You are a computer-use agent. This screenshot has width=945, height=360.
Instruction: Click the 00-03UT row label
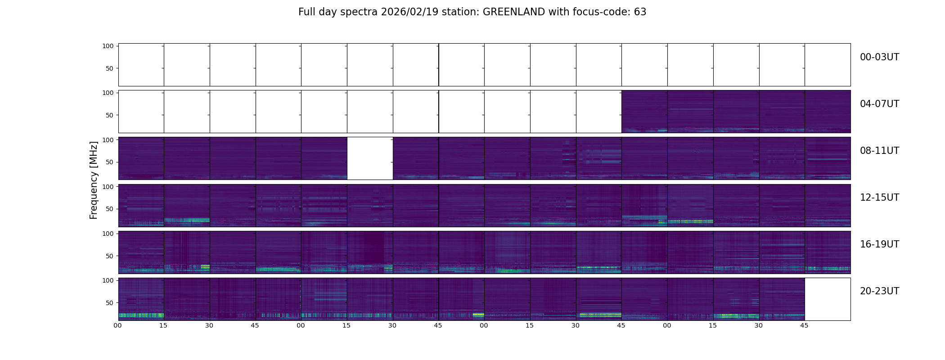[879, 57]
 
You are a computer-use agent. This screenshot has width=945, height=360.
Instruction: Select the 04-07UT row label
[879, 104]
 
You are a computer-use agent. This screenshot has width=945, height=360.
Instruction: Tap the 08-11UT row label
[879, 151]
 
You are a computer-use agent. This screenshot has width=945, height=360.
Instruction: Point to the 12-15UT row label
[879, 198]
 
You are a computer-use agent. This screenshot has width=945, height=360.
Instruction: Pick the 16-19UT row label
[879, 244]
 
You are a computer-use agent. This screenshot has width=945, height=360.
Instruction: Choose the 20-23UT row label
[879, 291]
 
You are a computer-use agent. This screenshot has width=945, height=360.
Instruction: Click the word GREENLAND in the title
[513, 12]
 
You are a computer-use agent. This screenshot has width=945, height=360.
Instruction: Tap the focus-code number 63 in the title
[640, 12]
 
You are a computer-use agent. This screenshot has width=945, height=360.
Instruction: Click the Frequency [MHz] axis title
[94, 180]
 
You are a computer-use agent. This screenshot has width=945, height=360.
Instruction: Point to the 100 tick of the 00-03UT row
[108, 46]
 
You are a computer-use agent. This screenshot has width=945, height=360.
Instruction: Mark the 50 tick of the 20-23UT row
[109, 303]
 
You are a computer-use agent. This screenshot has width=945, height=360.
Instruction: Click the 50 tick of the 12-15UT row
[109, 209]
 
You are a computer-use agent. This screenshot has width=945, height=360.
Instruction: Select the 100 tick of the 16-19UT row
[108, 234]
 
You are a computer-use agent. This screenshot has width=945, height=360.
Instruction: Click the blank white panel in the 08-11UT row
[370, 158]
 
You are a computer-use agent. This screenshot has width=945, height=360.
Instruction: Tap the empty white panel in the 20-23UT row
[827, 299]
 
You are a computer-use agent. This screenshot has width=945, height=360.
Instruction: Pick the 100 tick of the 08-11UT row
[108, 140]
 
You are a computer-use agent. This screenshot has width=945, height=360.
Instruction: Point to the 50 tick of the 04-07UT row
[109, 116]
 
